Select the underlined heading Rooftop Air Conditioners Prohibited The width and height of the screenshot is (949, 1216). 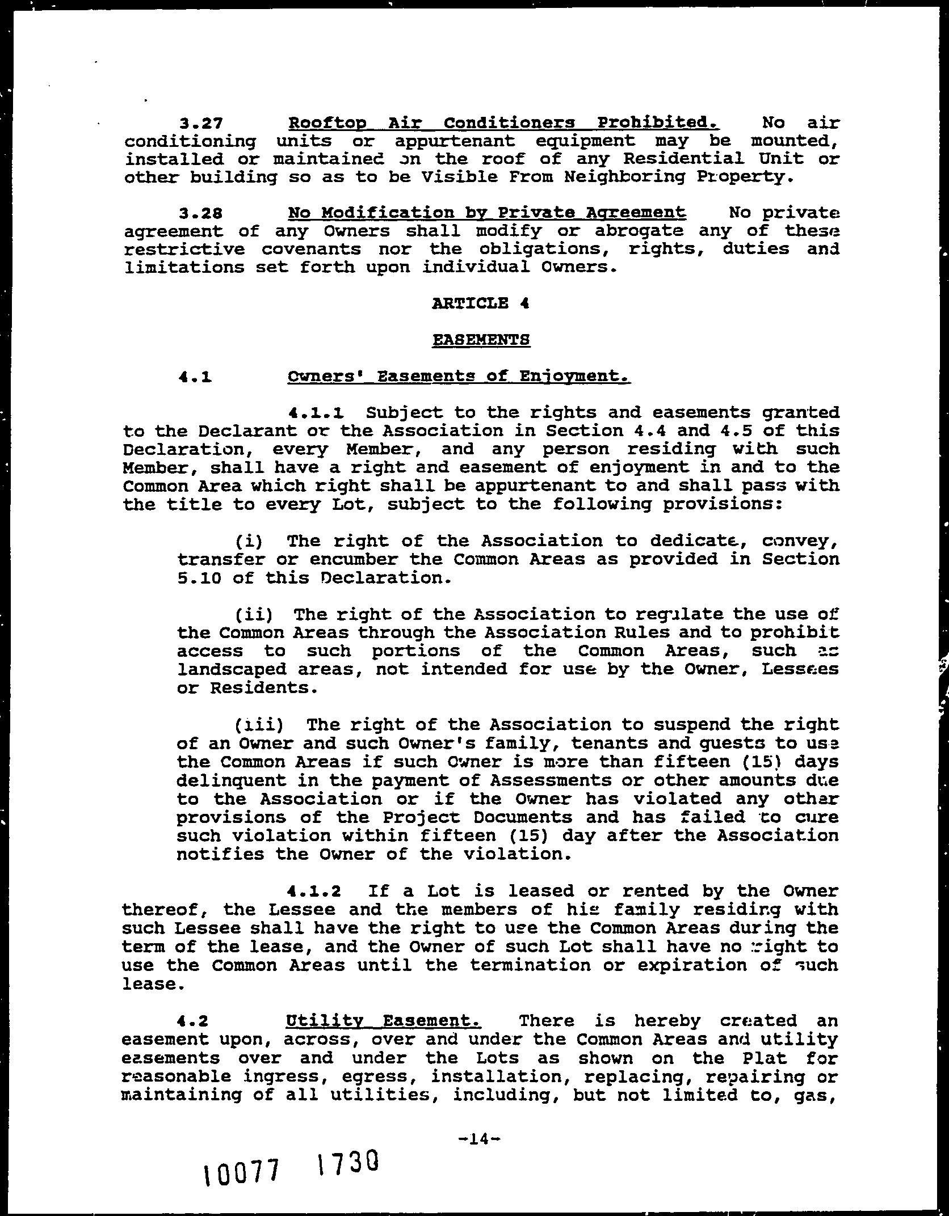503,123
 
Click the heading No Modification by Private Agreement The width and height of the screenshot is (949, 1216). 487,213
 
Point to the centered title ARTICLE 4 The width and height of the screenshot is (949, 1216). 480,303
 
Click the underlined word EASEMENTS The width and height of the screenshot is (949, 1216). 481,340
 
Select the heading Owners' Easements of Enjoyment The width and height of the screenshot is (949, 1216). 459,376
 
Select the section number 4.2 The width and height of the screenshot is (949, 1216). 193,1021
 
